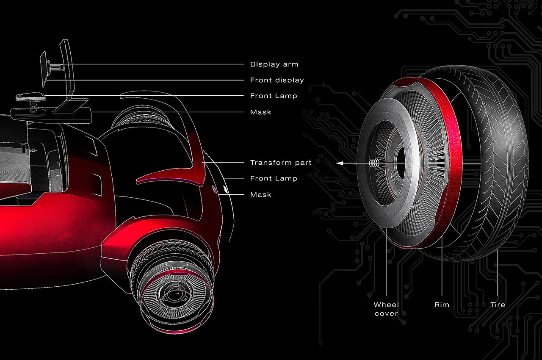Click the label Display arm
274,64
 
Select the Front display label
277,80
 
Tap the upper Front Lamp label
274,96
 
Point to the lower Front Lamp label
274,178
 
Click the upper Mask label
260,112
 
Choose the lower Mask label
260,194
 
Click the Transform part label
281,163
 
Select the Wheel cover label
386,309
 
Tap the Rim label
442,305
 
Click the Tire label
498,305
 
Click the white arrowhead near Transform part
340,163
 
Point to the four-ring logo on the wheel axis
374,163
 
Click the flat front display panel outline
43,69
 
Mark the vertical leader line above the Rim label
442,266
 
